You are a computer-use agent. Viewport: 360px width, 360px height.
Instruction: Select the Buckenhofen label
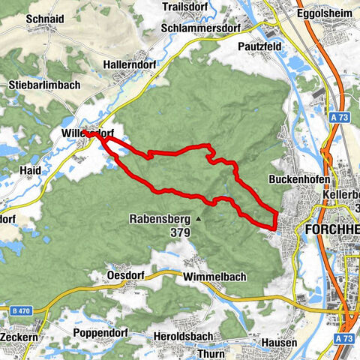tap(298, 181)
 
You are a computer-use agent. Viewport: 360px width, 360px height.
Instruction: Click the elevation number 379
tap(181, 232)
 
